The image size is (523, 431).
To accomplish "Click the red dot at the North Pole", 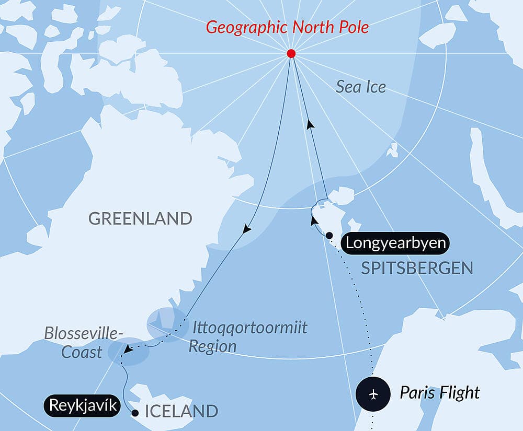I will (291, 53).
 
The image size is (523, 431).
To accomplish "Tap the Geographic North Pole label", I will (287, 27).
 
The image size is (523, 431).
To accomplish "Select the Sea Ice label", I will (361, 87).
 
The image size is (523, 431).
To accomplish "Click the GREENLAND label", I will (140, 218).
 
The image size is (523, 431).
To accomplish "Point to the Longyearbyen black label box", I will (395, 243).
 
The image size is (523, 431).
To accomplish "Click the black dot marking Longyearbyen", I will (329, 236).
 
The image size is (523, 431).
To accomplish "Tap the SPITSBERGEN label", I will (417, 269).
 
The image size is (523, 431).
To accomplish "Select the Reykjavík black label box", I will (82, 405).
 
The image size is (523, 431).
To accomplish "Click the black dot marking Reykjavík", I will (135, 413).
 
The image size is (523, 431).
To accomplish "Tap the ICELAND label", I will (181, 411).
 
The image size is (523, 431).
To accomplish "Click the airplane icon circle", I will (373, 393).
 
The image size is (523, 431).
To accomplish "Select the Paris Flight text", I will (440, 392).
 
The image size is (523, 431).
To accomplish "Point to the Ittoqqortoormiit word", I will (250, 328).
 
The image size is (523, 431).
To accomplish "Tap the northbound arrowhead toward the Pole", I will (311, 124).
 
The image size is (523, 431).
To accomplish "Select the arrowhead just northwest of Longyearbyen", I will (314, 221).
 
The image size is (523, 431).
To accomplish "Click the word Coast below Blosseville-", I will (82, 352).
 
